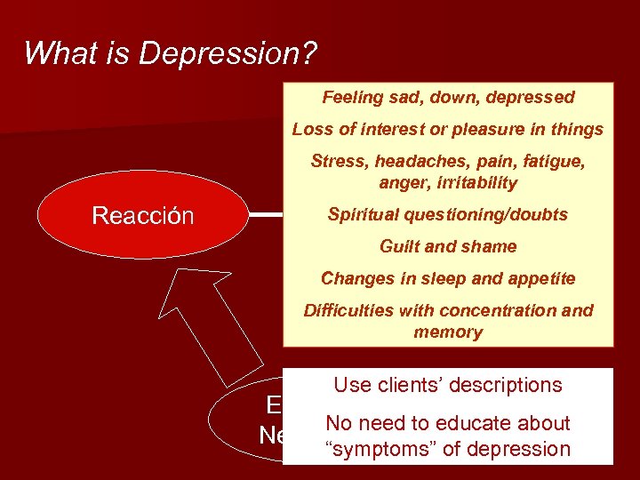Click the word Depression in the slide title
pyautogui.click(x=228, y=53)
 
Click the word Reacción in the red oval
pyautogui.click(x=143, y=216)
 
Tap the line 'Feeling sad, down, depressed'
pyautogui.click(x=448, y=97)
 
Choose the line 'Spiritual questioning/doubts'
pyautogui.click(x=447, y=214)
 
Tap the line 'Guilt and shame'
pyautogui.click(x=448, y=246)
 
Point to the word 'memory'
pyautogui.click(x=448, y=332)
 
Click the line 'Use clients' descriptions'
pyautogui.click(x=448, y=385)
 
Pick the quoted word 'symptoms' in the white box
pyautogui.click(x=383, y=449)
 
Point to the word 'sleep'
pyautogui.click(x=434, y=278)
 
